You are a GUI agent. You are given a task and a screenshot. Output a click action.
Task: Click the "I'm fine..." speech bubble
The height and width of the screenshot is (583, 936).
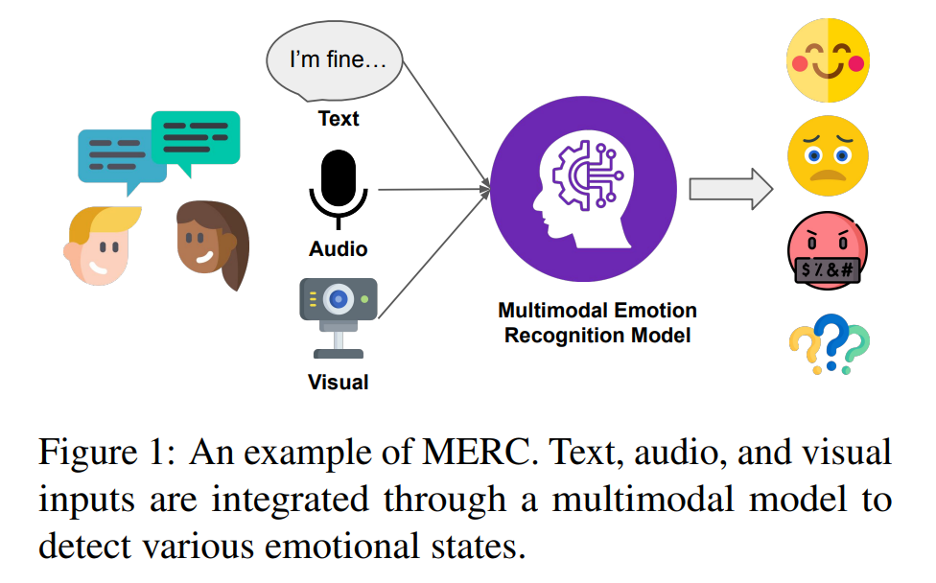(x=335, y=60)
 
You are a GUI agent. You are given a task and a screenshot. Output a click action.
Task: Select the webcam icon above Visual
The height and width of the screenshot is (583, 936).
(x=339, y=317)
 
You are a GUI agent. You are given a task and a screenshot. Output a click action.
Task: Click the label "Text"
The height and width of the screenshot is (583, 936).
(x=339, y=119)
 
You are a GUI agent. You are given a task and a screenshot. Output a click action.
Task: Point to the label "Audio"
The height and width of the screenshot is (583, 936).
(x=338, y=249)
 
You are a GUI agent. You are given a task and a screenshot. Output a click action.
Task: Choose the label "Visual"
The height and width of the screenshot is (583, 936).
(x=338, y=382)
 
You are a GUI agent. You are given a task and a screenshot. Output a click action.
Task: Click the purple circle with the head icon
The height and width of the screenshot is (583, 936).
(x=584, y=189)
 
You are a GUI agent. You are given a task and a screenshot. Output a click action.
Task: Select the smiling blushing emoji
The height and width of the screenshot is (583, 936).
(x=828, y=60)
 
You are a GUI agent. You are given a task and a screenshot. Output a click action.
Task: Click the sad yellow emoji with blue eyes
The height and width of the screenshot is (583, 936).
(x=828, y=155)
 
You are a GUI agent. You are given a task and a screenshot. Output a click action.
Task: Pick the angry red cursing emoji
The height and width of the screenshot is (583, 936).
(x=828, y=250)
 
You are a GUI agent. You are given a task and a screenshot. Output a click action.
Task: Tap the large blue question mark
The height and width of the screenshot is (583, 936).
(x=831, y=341)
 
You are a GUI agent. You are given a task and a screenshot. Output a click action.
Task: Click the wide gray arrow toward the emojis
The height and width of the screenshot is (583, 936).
(x=731, y=189)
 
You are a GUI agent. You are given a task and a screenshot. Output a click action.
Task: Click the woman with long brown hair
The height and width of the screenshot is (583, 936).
(x=213, y=244)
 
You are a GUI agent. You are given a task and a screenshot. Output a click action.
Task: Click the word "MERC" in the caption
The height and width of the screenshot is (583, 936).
(x=478, y=453)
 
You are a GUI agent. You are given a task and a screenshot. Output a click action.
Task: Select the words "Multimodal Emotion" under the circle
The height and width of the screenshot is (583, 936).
(x=597, y=311)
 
